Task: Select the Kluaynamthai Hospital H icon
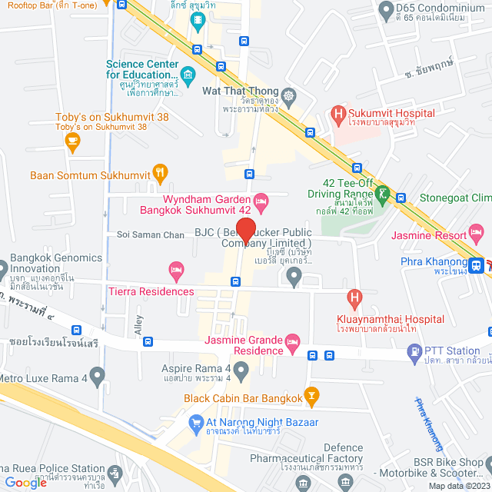[354, 296]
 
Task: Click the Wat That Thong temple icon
[288, 97]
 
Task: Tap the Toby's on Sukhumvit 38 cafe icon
[73, 140]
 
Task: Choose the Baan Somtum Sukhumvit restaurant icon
[161, 171]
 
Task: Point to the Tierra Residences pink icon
[176, 270]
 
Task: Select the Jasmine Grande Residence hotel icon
[291, 341]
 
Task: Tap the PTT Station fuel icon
[414, 353]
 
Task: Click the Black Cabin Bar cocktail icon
[311, 397]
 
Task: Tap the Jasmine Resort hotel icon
[476, 231]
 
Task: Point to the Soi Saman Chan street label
[150, 234]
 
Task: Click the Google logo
[26, 482]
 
